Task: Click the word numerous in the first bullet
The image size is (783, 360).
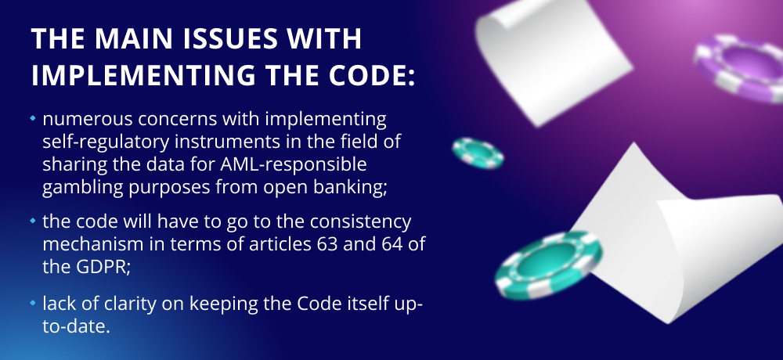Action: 88,119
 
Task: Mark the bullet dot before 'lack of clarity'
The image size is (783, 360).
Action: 33,303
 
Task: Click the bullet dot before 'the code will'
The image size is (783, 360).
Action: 33,220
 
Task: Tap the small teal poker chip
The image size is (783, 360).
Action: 478,153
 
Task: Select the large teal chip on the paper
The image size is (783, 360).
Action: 549,265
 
